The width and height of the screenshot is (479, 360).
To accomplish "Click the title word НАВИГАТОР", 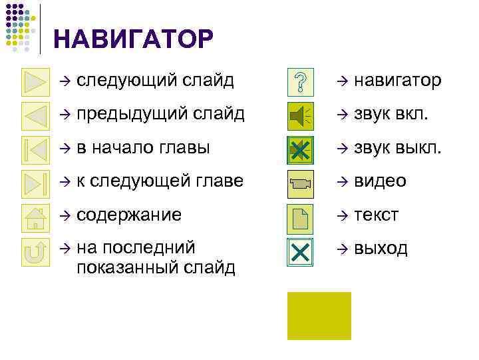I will tap(133, 39).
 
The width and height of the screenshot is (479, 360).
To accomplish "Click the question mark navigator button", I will tap(301, 82).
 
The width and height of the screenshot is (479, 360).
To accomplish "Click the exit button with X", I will tap(301, 252).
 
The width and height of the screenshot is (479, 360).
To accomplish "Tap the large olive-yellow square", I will tap(319, 316).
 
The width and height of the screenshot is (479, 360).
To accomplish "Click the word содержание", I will tap(129, 215).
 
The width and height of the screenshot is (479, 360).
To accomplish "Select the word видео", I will tap(380, 181).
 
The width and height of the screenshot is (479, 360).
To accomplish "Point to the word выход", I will tap(381, 249).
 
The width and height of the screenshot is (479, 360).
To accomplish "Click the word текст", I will tap(376, 215).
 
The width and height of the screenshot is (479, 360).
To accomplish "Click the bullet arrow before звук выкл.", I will tap(341, 149).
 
